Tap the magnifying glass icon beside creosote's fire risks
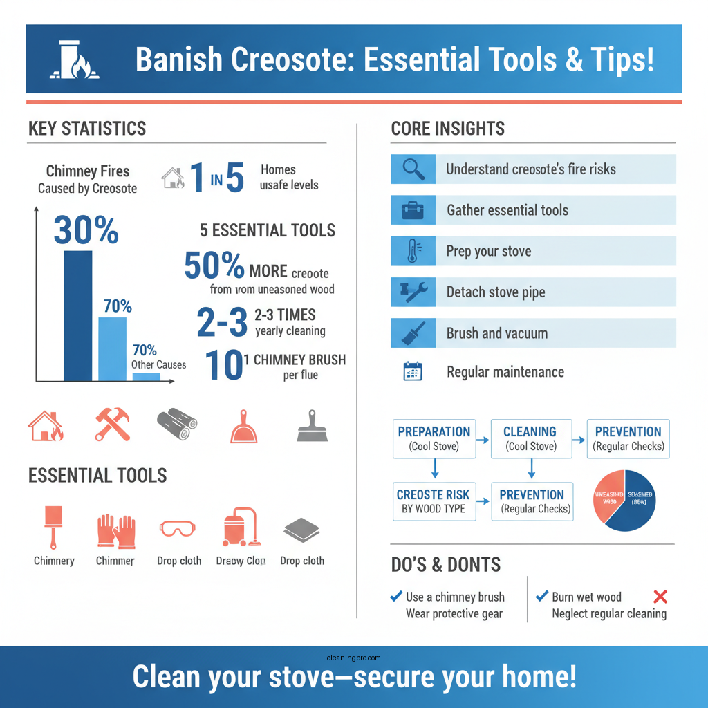[413, 169]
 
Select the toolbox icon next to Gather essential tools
[413, 210]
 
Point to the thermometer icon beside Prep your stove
[413, 251]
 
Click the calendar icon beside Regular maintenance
[413, 372]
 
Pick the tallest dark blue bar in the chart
[77, 315]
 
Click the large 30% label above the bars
[86, 230]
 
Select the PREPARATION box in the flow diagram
[434, 438]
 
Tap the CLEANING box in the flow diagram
[530, 438]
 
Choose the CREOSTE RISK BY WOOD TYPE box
[434, 501]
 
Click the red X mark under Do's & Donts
[660, 597]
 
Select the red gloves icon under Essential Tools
[115, 530]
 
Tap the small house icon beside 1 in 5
[172, 178]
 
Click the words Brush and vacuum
[496, 333]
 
